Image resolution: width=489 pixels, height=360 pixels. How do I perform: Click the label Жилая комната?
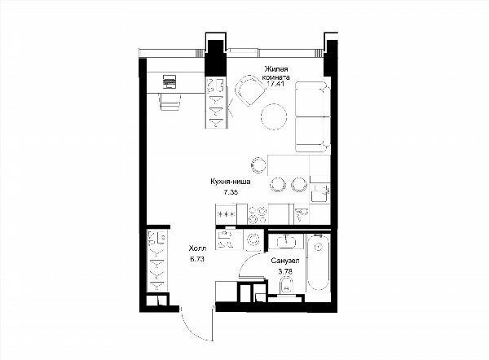coord(276,73)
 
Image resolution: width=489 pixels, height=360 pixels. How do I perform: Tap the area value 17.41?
coord(275,84)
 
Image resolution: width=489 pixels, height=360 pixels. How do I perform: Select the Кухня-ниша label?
coord(231,182)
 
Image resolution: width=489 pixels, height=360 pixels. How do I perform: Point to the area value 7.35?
coord(231,192)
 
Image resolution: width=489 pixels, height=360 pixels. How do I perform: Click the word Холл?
coord(197,248)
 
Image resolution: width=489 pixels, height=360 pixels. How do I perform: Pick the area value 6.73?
coord(197,259)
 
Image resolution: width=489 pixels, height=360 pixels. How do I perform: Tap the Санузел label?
coord(285,261)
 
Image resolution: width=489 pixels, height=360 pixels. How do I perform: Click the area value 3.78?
coord(285,271)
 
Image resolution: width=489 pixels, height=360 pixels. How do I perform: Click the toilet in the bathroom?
coord(286,287)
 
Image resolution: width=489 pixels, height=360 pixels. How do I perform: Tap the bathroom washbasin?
coord(286,241)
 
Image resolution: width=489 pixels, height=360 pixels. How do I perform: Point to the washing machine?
coord(253,239)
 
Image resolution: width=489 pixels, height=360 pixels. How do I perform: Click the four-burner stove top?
coord(258,214)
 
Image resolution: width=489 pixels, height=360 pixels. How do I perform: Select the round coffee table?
coord(274,116)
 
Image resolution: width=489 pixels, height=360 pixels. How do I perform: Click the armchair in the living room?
coord(249,90)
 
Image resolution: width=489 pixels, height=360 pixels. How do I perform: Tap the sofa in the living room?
coord(312,116)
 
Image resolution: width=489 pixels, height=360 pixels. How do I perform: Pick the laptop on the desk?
coord(169,82)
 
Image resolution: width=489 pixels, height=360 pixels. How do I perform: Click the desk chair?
coord(170,101)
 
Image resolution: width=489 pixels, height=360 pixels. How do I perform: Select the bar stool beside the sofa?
coord(258,165)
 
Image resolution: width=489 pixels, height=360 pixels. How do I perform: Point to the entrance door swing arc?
coord(191,327)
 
